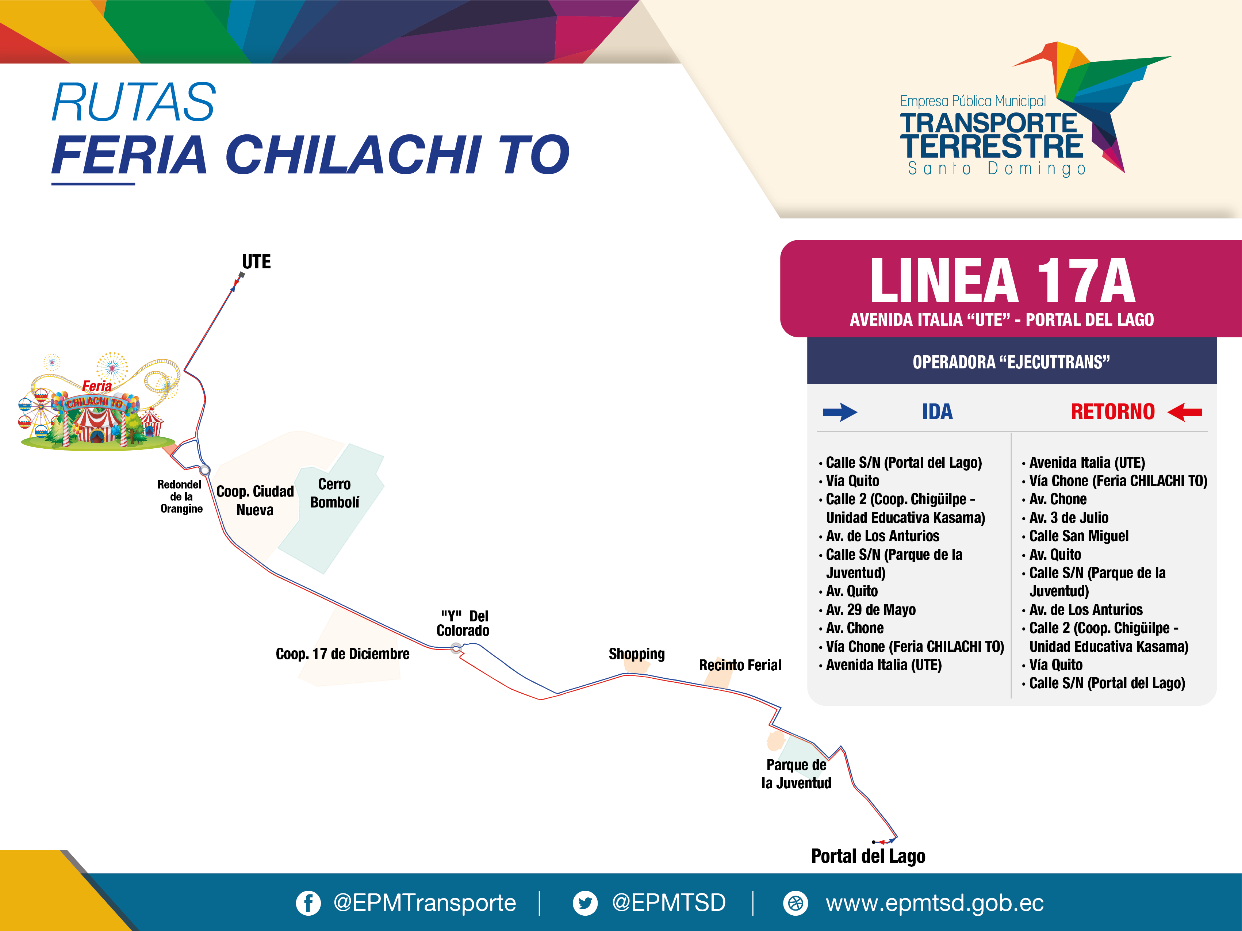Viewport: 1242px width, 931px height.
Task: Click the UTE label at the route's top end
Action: coord(256,262)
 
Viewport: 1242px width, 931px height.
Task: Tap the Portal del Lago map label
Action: coord(868,856)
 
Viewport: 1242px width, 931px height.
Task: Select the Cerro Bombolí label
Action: coord(335,493)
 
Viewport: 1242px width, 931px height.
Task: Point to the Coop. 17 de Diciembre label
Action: coord(342,654)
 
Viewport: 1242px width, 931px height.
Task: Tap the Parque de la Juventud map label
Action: coord(796,774)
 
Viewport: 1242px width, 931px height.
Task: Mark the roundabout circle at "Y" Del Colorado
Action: coord(456,648)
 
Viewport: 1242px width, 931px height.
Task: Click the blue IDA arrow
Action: coord(840,412)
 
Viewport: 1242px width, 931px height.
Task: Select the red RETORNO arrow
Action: coord(1184,412)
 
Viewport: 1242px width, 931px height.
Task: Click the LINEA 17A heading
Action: coord(1002,281)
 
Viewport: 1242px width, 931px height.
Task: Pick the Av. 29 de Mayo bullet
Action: coord(867,610)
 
